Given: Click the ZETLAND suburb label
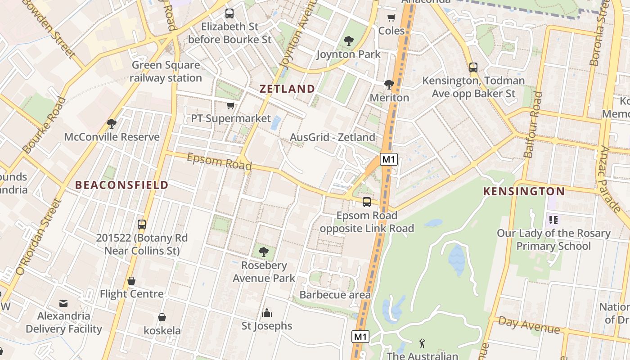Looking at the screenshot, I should tap(287, 89).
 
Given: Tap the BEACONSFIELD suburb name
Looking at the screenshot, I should tap(121, 185).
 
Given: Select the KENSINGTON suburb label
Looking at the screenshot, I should tap(524, 191).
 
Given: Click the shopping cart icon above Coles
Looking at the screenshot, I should tap(391, 18).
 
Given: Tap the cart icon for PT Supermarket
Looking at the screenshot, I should tap(231, 106).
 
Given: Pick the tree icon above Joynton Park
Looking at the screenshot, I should tap(348, 41).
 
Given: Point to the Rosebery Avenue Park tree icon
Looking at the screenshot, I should tap(264, 252).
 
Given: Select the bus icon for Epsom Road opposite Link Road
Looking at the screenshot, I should tap(367, 202).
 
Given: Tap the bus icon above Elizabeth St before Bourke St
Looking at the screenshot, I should tap(229, 13).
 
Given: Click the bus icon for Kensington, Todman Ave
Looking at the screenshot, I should tap(473, 67).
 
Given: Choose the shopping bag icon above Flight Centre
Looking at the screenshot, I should tap(131, 281).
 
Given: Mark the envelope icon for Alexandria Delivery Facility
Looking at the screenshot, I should tap(63, 303).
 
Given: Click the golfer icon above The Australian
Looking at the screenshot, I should tap(422, 343).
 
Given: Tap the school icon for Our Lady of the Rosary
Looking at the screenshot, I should tap(553, 220).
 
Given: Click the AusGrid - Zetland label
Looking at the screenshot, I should tap(333, 137).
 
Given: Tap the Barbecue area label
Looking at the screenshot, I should tap(335, 295).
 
